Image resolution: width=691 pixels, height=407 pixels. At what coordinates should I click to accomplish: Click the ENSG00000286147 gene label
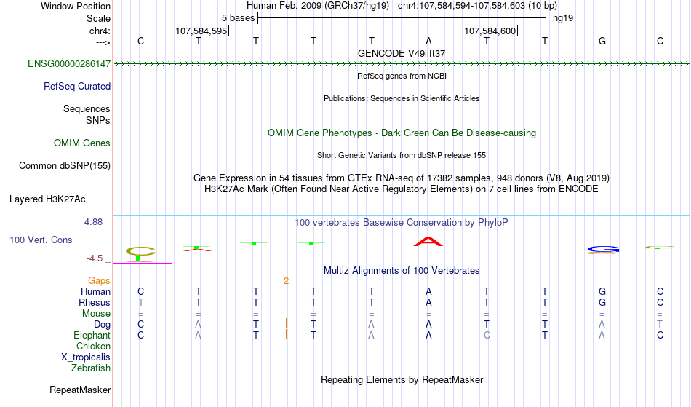(69, 64)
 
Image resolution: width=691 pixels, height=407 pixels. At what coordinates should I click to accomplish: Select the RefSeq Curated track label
(77, 87)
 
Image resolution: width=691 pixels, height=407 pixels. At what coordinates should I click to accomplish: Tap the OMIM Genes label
(82, 143)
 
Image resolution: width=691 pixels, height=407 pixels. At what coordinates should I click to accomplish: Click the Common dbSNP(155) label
(65, 166)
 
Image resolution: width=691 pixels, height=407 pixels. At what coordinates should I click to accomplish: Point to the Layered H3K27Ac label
(47, 199)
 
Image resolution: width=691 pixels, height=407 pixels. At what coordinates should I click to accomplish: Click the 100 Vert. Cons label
(41, 240)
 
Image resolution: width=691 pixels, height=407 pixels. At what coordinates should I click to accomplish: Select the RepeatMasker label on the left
(80, 390)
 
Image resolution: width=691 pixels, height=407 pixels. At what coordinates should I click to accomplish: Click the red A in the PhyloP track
(428, 242)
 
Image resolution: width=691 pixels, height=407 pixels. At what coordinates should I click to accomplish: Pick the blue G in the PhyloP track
(603, 250)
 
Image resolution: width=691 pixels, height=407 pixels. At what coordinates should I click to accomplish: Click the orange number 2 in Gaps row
(286, 281)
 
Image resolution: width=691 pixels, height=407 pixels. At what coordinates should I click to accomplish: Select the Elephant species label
(92, 336)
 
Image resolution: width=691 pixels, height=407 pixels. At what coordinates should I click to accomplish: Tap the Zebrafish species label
(91, 368)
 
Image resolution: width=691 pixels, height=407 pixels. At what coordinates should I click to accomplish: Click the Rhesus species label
(95, 303)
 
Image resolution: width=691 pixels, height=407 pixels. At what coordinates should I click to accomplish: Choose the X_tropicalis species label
(86, 357)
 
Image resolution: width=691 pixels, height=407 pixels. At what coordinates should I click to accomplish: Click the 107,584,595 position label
(201, 31)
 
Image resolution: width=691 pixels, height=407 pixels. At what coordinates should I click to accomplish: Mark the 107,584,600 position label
(490, 31)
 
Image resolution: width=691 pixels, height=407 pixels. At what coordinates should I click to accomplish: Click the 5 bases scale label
(238, 18)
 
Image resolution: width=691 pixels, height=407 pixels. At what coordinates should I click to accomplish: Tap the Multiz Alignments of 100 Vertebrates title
(402, 271)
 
